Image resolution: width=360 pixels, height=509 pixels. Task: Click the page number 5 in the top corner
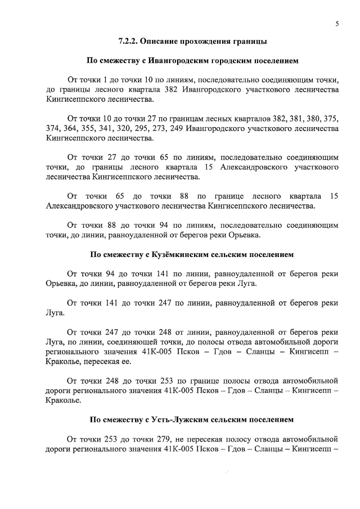point(336,24)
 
